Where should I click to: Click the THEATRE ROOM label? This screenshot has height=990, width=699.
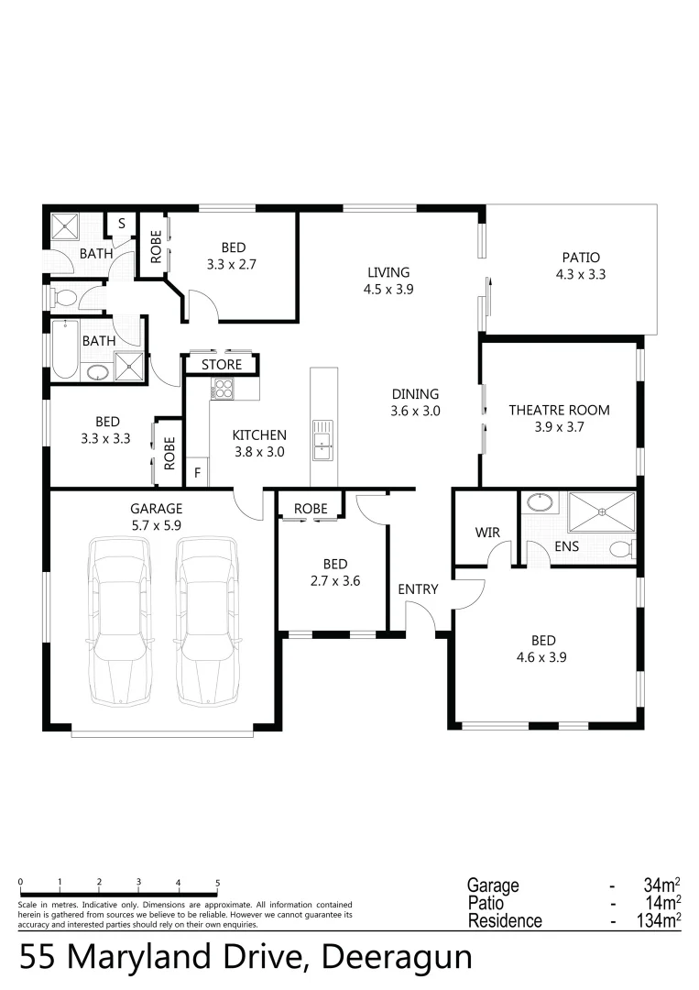(559, 410)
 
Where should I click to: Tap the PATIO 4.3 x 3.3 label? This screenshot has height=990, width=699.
(581, 266)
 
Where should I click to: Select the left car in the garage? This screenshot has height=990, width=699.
(119, 621)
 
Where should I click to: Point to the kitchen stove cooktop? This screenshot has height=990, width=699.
(223, 391)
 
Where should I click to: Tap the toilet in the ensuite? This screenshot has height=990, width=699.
(623, 548)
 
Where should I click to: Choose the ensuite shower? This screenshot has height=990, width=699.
(601, 511)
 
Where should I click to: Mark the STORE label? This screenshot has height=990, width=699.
(222, 365)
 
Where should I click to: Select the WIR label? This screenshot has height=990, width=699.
(486, 533)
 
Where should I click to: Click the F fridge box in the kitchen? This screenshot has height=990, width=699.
(197, 473)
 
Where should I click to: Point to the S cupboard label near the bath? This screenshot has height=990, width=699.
(121, 223)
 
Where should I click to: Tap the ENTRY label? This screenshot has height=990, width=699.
(418, 589)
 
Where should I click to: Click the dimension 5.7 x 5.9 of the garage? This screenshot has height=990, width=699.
(157, 525)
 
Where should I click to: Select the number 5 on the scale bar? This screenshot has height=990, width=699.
(217, 883)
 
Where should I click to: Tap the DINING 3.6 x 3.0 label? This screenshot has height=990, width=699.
(415, 402)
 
